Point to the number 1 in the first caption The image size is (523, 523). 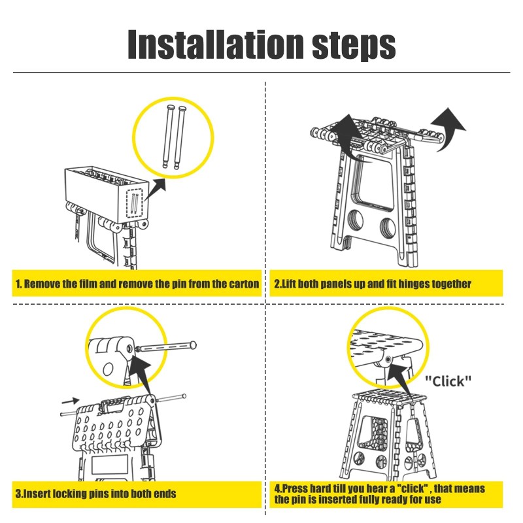(x=18, y=284)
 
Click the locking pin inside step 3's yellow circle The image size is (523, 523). (x=167, y=347)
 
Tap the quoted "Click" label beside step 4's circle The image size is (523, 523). (x=448, y=380)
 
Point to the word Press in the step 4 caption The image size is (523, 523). (x=298, y=488)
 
